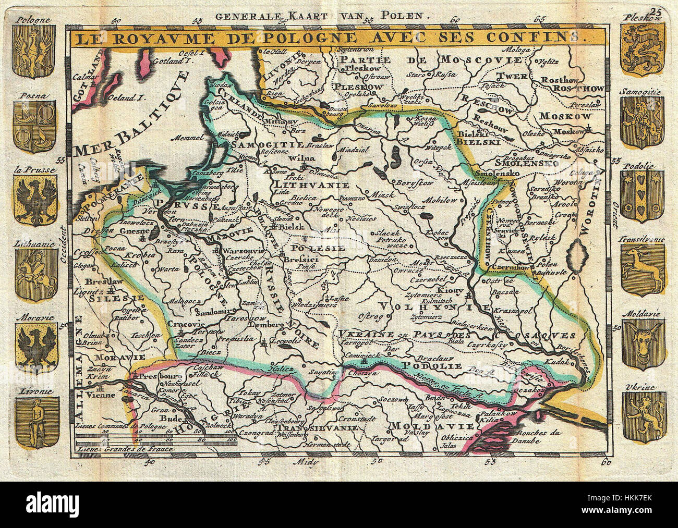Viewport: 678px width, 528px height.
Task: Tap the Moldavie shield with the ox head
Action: (643, 343)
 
